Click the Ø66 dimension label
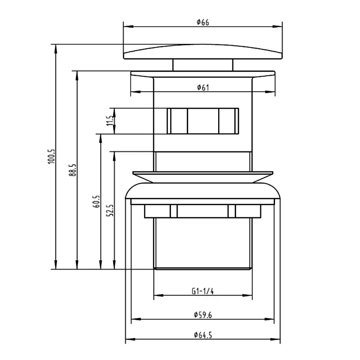tap(203, 22)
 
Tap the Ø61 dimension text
tap(203, 87)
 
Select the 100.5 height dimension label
tap(51, 156)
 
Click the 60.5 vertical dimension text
tap(96, 202)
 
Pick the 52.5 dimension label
tap(110, 210)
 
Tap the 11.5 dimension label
tap(110, 120)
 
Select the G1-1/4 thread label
tap(203, 291)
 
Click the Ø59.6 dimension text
tap(203, 315)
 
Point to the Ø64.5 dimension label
tap(203, 335)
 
